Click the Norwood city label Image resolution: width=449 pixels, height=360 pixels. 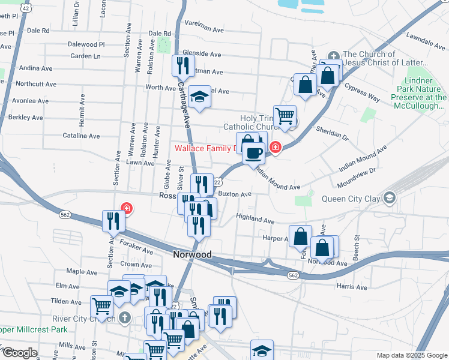tap(192, 254)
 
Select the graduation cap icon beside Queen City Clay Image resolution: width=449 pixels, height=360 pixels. tap(390, 197)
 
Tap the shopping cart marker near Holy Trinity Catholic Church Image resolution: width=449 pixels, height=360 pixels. tap(285, 116)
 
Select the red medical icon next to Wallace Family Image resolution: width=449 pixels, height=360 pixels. tap(276, 147)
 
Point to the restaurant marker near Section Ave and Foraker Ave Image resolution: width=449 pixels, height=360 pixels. tap(113, 221)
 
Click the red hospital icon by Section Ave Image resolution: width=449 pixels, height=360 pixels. tap(126, 209)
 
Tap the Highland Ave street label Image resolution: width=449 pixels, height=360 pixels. tap(255, 218)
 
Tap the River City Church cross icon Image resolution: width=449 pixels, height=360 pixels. tap(125, 317)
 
